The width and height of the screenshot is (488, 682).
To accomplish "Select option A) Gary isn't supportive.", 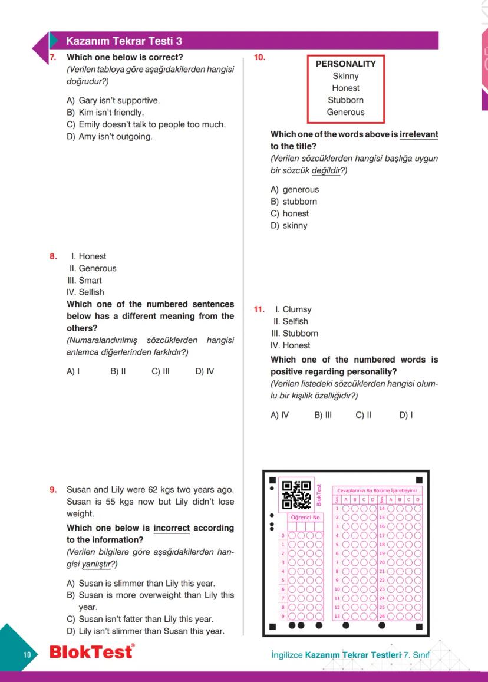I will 113,100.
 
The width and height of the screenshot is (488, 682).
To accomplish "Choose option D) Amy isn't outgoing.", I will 110,137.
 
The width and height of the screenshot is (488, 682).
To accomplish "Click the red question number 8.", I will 53,256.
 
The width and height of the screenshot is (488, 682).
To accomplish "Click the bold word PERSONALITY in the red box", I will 345,64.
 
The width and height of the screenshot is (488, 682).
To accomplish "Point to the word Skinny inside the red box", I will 345,76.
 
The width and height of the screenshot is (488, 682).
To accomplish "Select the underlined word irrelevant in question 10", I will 418,134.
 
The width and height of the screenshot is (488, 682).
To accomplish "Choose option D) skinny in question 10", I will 289,225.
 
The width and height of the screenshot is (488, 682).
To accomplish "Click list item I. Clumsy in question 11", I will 292,309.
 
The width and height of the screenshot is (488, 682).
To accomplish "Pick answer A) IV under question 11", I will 279,415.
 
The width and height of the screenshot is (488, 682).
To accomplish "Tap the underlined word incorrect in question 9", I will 171,528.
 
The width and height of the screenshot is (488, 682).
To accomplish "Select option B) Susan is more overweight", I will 150,595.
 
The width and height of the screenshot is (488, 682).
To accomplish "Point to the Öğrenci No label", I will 305,518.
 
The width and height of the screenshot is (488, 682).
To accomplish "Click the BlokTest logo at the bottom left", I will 91,653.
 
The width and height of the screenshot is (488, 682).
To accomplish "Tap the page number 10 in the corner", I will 27,655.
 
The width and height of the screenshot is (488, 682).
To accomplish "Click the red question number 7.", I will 52,58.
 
